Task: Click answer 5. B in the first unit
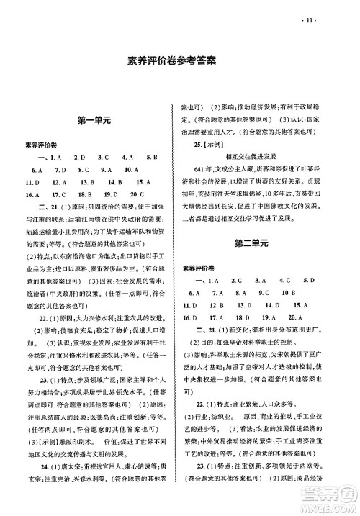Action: coord(151,158)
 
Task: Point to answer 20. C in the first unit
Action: coord(138,195)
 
